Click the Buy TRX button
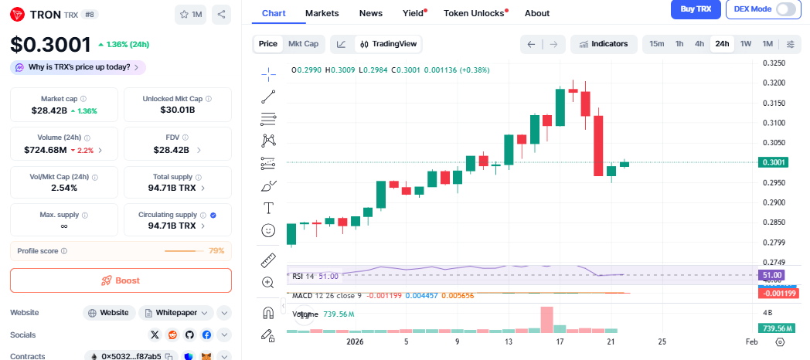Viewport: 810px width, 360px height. click(696, 8)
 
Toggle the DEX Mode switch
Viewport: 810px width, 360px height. click(785, 9)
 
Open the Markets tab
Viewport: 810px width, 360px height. click(322, 13)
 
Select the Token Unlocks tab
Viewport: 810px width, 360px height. click(474, 13)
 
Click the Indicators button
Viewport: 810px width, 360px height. click(604, 44)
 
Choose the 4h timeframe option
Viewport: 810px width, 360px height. click(699, 44)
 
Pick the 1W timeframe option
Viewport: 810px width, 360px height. click(746, 44)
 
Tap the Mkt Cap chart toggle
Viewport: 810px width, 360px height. click(303, 44)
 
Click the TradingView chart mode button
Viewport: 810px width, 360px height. click(389, 44)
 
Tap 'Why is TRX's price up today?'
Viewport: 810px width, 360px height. click(78, 67)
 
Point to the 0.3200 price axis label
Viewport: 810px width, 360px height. click(774, 83)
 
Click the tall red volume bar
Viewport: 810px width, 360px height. click(546, 319)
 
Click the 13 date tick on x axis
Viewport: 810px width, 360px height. click(509, 341)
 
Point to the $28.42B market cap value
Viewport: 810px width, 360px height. click(49, 110)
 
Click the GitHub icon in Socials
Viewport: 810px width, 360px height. click(189, 335)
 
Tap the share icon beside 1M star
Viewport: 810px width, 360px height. click(221, 14)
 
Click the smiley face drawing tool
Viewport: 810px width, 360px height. click(268, 230)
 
